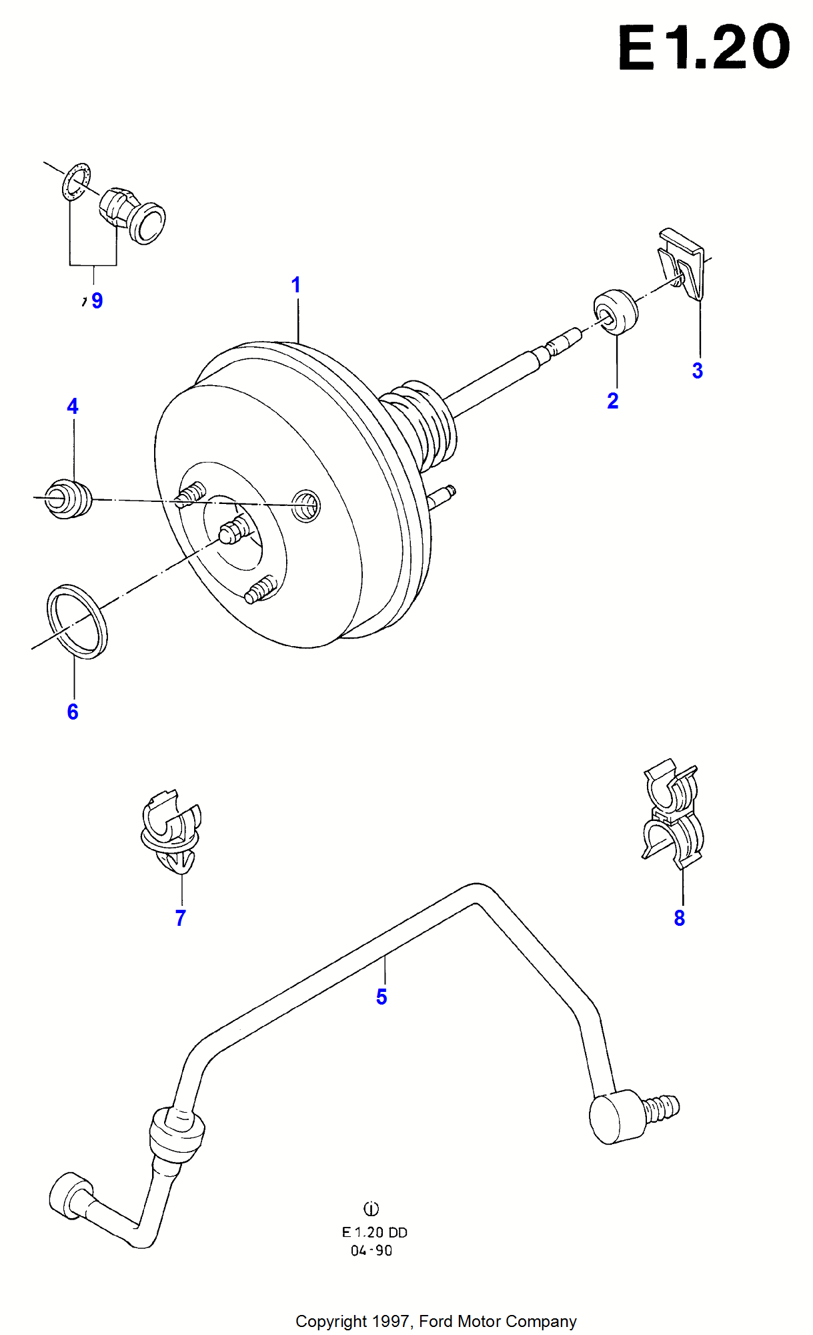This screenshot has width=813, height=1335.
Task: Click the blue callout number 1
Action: coord(296,286)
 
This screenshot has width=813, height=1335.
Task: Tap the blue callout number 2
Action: coord(612,401)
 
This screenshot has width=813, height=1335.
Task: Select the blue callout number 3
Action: coord(697,371)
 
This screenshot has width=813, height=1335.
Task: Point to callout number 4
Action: coord(73,407)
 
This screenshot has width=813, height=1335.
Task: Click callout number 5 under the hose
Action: coord(381,997)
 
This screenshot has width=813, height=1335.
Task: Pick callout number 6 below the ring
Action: coord(73,712)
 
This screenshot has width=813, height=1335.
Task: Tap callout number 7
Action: coord(180,918)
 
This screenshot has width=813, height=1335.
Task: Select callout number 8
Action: coord(679,918)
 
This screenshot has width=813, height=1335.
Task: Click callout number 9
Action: coord(97,301)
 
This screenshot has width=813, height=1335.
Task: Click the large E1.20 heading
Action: coord(704,47)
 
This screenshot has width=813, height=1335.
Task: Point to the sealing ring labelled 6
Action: coord(77,622)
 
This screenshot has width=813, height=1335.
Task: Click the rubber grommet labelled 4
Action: coord(68,499)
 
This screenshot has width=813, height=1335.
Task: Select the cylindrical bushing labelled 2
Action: coord(616,312)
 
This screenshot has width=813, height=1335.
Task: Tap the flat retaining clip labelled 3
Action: coord(684,264)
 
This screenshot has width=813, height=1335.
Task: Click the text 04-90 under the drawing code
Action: coord(371,1251)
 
